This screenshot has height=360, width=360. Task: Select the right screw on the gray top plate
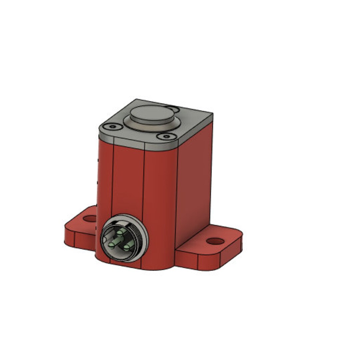pyautogui.click(x=166, y=136)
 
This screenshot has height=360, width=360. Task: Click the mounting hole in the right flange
pyautogui.click(x=215, y=241)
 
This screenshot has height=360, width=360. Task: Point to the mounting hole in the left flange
pyautogui.click(x=90, y=219)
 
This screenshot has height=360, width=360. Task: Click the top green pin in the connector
pyautogui.click(x=120, y=231)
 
